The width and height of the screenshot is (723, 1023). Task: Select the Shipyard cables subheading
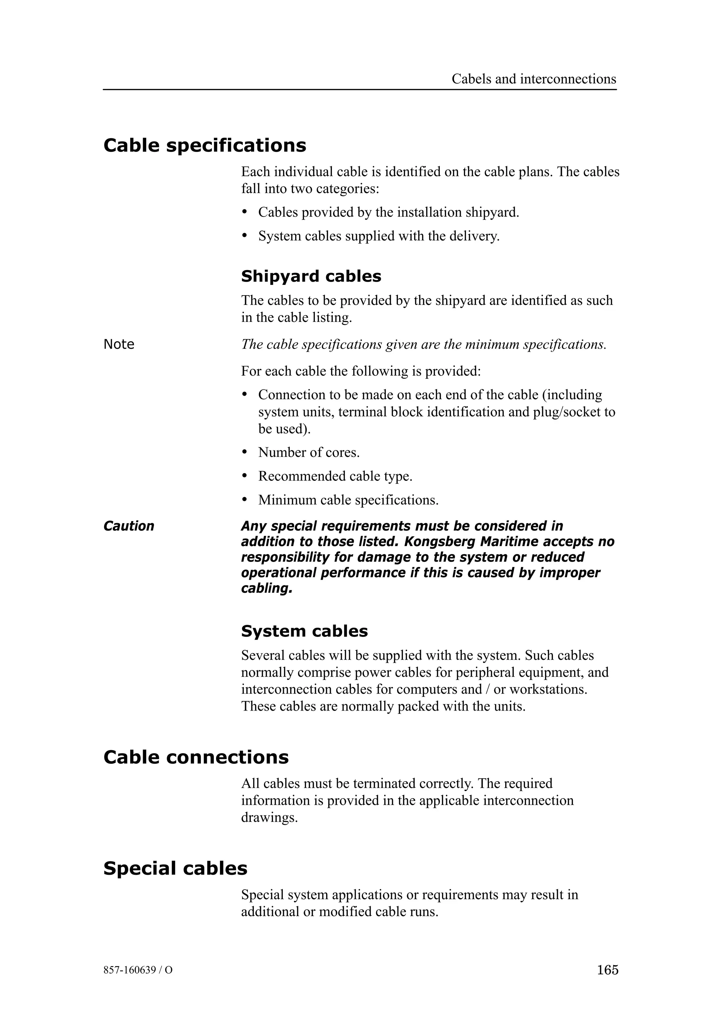[311, 276]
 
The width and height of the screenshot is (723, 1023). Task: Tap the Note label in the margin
[119, 345]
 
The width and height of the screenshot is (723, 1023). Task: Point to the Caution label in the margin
[129, 526]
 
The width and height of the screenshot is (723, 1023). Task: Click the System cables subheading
[304, 631]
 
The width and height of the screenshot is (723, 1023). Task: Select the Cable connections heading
[196, 757]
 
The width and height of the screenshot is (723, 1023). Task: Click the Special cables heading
[175, 868]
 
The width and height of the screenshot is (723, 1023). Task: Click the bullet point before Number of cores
[244, 452]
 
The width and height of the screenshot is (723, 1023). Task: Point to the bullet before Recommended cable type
[244, 475]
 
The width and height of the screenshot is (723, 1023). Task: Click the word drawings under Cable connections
[269, 818]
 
